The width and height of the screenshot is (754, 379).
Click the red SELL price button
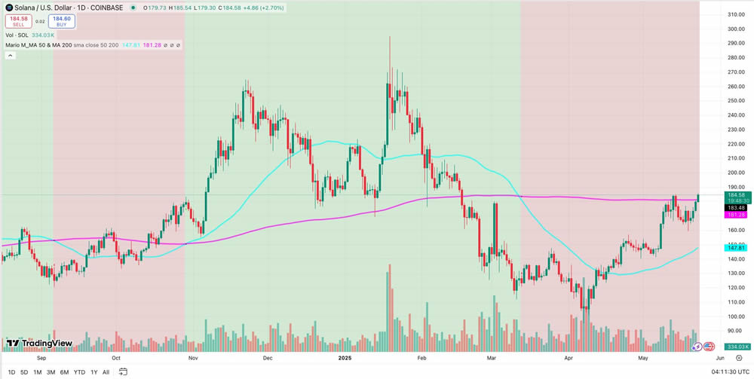[x=19, y=22]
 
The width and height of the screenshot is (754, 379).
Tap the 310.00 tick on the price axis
[x=735, y=14]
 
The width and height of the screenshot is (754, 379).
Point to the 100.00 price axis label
[x=735, y=301]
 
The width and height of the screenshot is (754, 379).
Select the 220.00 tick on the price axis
[x=735, y=143]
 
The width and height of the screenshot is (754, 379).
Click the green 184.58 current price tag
[x=737, y=194]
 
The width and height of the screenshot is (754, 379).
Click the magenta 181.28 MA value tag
[x=737, y=215]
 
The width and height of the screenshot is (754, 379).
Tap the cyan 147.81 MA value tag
[x=735, y=247]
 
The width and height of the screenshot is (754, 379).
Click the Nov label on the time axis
[x=192, y=359]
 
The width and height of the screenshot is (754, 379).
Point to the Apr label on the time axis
[x=569, y=359]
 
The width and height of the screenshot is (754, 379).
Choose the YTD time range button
[x=79, y=372]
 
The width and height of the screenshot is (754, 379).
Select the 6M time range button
[x=65, y=372]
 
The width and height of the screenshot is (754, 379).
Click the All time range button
[x=106, y=372]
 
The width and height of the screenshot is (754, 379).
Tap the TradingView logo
[x=39, y=344]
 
